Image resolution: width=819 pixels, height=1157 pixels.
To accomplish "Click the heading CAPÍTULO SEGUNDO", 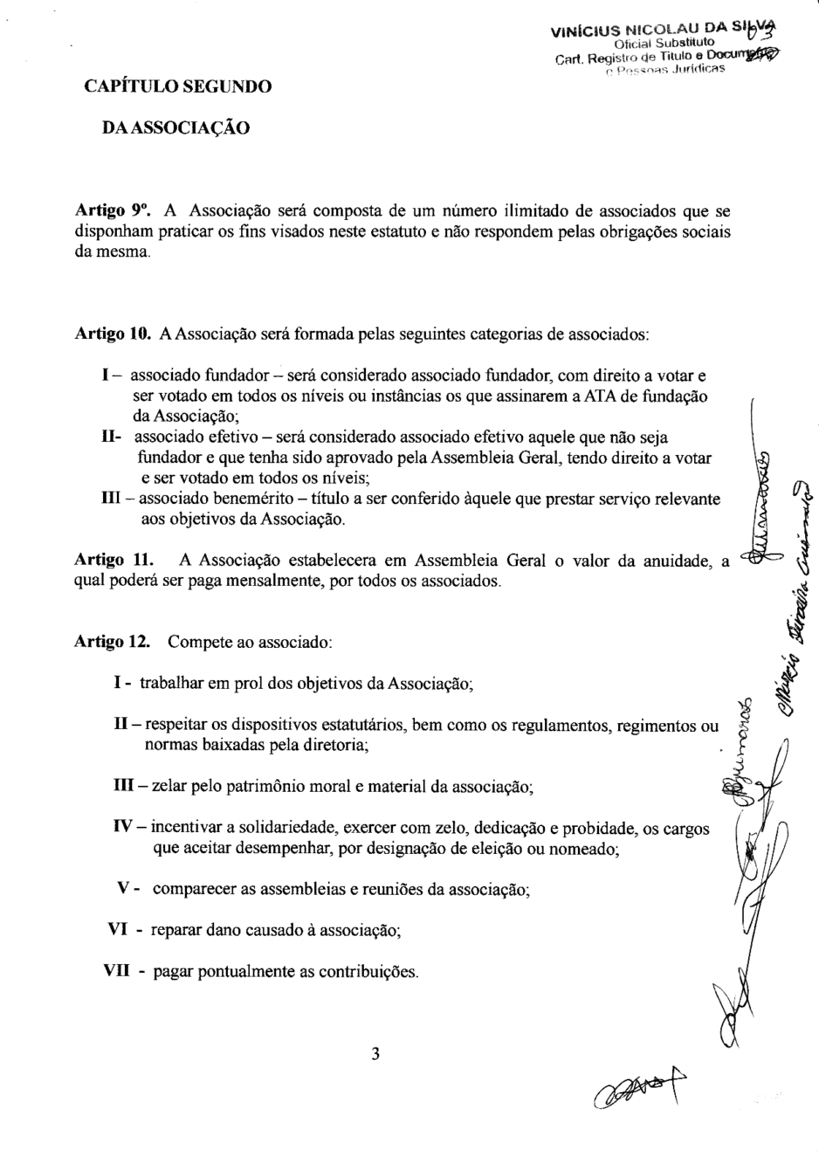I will pos(177,86).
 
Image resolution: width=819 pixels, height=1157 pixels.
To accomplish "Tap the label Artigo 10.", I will pos(114,334).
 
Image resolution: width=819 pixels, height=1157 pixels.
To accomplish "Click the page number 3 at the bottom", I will pos(375,1054).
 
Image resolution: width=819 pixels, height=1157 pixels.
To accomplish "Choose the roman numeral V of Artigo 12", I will pos(123,888).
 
